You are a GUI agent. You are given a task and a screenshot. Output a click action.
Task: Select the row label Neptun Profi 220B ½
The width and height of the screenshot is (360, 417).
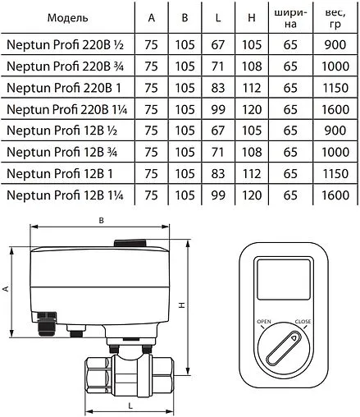coord(62,45)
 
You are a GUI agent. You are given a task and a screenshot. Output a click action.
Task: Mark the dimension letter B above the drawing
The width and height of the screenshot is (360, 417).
coord(100,221)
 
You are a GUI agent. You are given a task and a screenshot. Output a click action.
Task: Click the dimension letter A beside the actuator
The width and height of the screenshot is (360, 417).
coord(6,288)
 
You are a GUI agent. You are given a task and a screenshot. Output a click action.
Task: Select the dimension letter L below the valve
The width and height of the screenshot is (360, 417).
coord(131,405)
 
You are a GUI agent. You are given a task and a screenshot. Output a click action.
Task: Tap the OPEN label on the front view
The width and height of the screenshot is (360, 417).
coord(263,322)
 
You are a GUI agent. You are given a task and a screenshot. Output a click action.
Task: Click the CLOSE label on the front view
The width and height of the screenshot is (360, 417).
coord(303,322)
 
